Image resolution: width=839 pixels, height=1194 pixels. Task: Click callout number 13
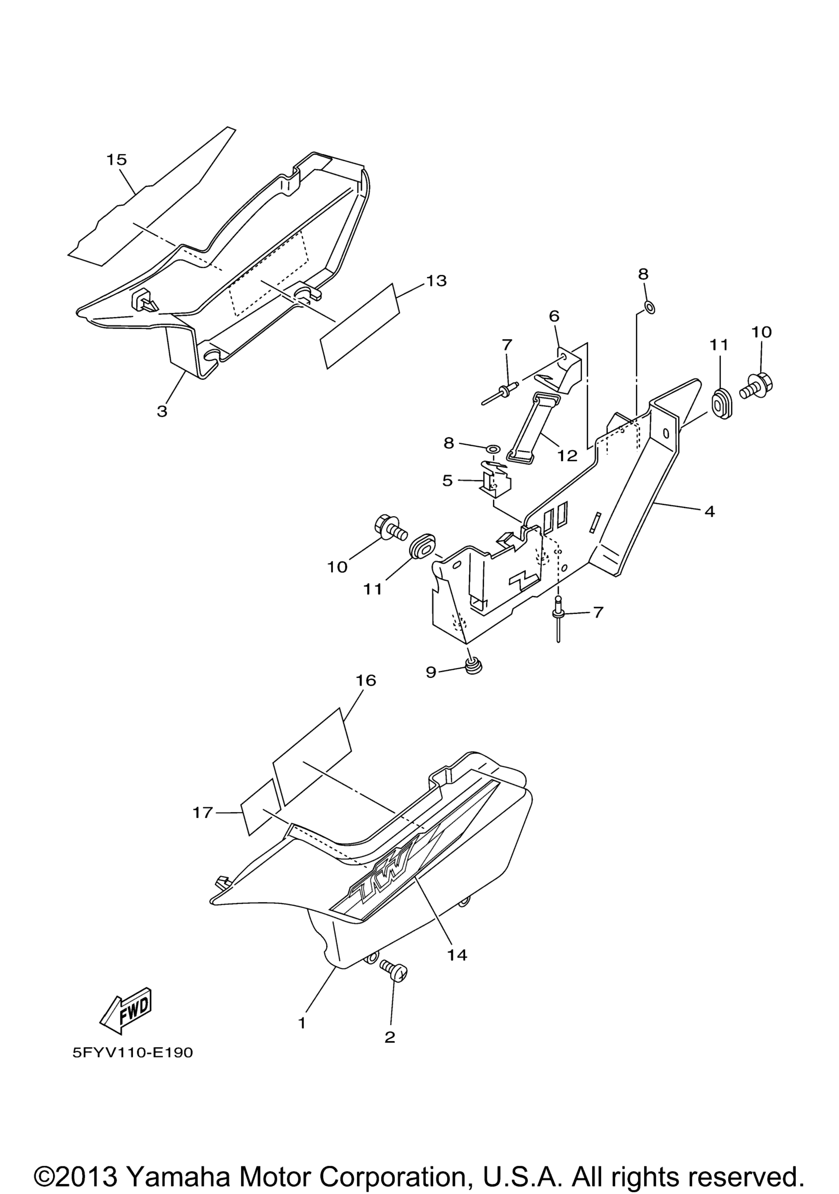click(436, 281)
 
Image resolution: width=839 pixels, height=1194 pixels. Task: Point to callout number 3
click(162, 412)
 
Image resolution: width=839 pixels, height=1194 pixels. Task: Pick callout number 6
click(553, 316)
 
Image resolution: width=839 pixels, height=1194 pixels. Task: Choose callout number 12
click(567, 456)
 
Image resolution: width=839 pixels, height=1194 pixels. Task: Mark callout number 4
click(710, 512)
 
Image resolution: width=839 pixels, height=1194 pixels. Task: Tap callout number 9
click(431, 672)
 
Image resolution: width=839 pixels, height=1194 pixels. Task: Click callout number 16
click(366, 680)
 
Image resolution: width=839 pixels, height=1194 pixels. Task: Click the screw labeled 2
click(393, 970)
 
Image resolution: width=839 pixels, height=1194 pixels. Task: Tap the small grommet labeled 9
click(472, 665)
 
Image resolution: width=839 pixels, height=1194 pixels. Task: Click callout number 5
click(447, 481)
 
